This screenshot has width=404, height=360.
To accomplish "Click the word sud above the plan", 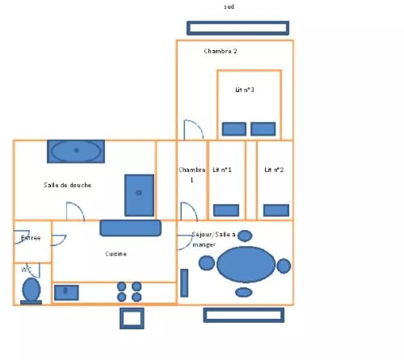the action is (229, 7).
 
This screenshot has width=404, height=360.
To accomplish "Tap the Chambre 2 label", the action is (220, 51).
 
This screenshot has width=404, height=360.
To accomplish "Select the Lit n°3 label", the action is (245, 90).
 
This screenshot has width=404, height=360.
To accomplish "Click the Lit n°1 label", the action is (222, 170).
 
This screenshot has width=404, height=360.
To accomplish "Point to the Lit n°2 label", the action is (274, 170).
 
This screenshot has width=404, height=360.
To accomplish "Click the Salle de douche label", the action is (67, 185).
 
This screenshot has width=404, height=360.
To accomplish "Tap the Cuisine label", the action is (116, 254).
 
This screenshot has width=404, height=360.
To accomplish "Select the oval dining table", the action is (246, 264).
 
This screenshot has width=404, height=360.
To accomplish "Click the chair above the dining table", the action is (245, 236).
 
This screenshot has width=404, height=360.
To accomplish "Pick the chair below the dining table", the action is (244, 292).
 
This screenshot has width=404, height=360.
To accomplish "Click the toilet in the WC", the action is (31, 291).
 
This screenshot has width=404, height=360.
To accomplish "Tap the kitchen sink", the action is (66, 293).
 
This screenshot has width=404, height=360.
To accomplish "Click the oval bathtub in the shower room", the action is (76, 151).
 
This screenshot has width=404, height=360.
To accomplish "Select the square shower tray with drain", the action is (139, 195).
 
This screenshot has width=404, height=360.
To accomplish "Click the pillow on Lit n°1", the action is (226, 210).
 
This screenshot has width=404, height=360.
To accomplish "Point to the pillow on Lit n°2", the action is (276, 210).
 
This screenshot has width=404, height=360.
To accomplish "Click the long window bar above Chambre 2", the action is (238, 28).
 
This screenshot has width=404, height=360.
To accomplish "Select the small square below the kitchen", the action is (132, 318).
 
